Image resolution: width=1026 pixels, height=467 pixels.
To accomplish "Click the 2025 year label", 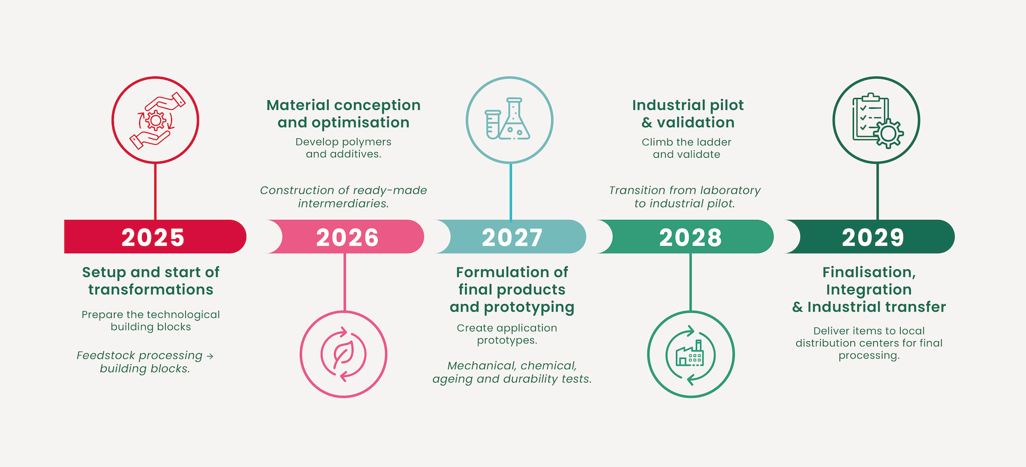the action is pyautogui.click(x=153, y=237).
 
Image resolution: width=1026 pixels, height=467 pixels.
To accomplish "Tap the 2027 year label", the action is pyautogui.click(x=512, y=237).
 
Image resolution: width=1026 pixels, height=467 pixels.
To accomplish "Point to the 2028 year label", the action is pyautogui.click(x=690, y=237).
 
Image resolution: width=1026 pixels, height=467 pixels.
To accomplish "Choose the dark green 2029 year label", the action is pyautogui.click(x=873, y=237).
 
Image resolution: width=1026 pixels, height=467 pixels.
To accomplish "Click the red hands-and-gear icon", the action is pyautogui.click(x=155, y=120).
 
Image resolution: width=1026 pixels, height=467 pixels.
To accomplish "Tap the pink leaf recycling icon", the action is pyautogui.click(x=344, y=354).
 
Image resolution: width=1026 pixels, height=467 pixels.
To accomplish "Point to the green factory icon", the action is pyautogui.click(x=690, y=355).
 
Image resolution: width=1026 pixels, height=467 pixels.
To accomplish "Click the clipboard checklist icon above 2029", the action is pyautogui.click(x=877, y=120).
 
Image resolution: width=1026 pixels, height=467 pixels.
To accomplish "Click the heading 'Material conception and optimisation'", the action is pyautogui.click(x=344, y=114).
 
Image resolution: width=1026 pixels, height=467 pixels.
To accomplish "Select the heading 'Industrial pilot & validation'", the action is pyautogui.click(x=688, y=114).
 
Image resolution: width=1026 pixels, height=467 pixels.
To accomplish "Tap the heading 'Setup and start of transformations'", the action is pyautogui.click(x=150, y=281).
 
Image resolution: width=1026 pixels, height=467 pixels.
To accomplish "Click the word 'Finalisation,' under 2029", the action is pyautogui.click(x=869, y=272).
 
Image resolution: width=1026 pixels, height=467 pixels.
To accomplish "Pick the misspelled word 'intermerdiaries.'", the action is pyautogui.click(x=343, y=203).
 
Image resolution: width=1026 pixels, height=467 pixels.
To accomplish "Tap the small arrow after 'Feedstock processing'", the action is pyautogui.click(x=210, y=356).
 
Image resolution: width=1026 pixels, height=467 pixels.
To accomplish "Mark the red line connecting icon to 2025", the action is pyautogui.click(x=155, y=191).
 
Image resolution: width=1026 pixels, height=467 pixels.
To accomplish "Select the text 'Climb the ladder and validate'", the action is pyautogui.click(x=686, y=148).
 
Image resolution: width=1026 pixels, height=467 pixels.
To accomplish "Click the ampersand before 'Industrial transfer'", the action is pyautogui.click(x=797, y=307).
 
